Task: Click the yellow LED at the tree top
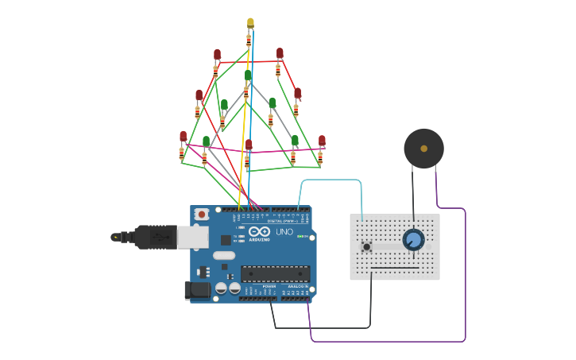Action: pos(250,23)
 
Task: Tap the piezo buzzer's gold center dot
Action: pos(423,148)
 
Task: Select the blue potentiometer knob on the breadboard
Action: pos(413,239)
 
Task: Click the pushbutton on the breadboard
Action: pos(366,246)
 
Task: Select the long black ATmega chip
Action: pos(276,273)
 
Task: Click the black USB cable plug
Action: pos(155,237)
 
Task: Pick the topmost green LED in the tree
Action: pos(248,75)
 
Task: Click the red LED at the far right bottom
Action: pos(322,141)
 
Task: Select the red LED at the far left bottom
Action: pos(184,137)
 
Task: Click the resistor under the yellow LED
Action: pos(249,40)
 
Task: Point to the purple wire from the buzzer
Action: pos(465,270)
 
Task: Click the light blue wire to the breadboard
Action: pos(330,180)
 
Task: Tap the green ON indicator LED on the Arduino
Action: pos(301,236)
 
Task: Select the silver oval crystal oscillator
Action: pos(224,256)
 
